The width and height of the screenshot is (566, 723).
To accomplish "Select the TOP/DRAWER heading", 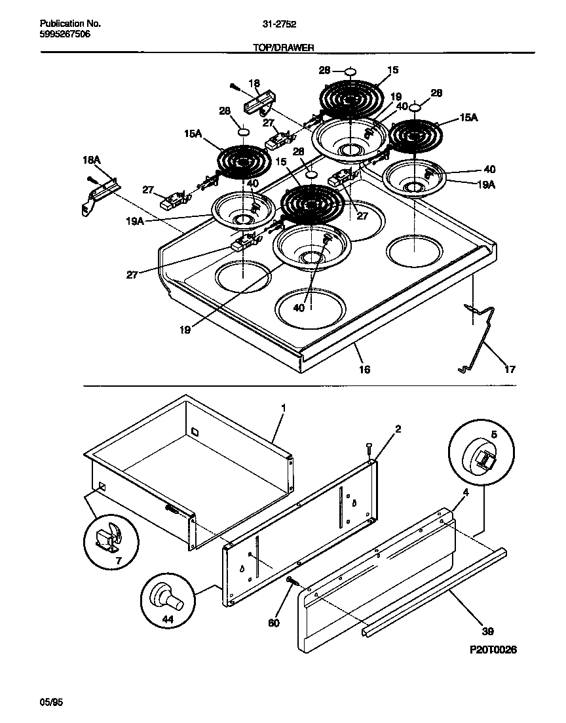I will tap(283, 47).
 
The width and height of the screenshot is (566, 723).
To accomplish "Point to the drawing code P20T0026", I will tap(493, 650).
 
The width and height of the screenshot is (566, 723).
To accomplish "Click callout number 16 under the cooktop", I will tap(365, 370).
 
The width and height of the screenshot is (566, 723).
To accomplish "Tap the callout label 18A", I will tap(91, 159).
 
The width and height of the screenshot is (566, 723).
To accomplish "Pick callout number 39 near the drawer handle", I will tap(486, 632).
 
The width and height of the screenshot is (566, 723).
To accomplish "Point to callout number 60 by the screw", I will tap(273, 623).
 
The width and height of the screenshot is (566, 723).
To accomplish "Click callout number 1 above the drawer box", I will tap(283, 408).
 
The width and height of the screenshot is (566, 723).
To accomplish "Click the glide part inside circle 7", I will tap(107, 537).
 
